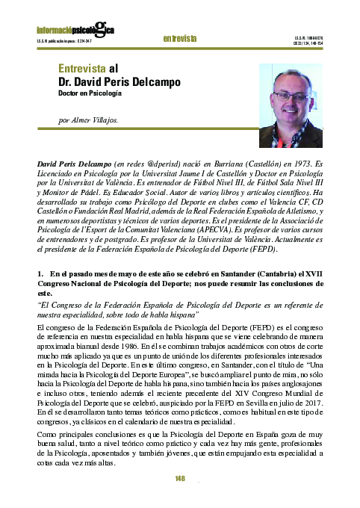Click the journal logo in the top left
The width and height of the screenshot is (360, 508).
(75, 30)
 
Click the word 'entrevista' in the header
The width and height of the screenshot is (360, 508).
(180, 37)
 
